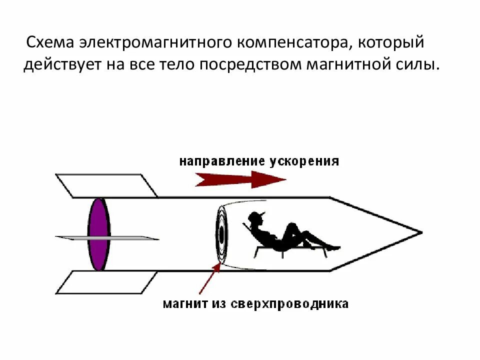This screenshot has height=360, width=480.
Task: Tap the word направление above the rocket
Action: tap(222, 161)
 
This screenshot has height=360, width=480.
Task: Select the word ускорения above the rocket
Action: tap(304, 161)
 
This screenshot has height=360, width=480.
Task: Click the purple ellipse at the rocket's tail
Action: tap(98, 234)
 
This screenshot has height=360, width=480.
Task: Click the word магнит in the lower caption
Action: tap(183, 303)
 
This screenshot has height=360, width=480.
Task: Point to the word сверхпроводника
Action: tap(289, 303)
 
